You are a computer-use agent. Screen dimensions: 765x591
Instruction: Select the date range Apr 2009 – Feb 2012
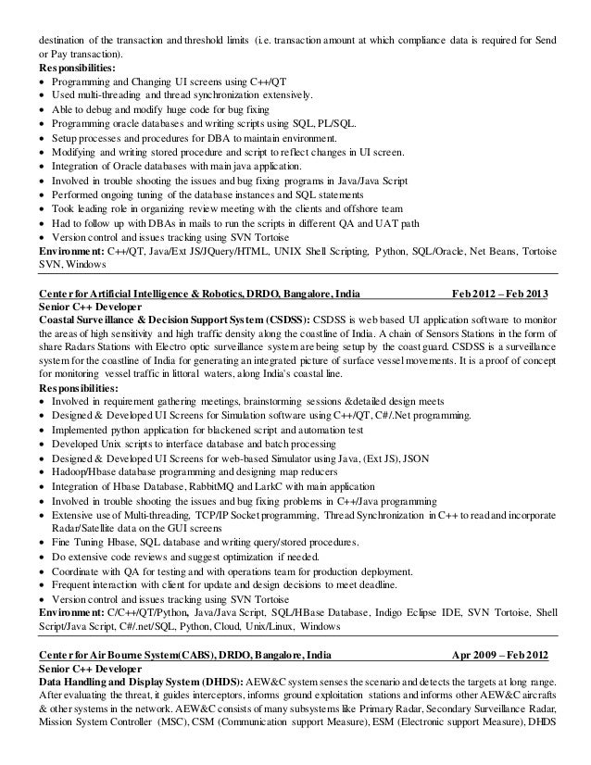[499, 654]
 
